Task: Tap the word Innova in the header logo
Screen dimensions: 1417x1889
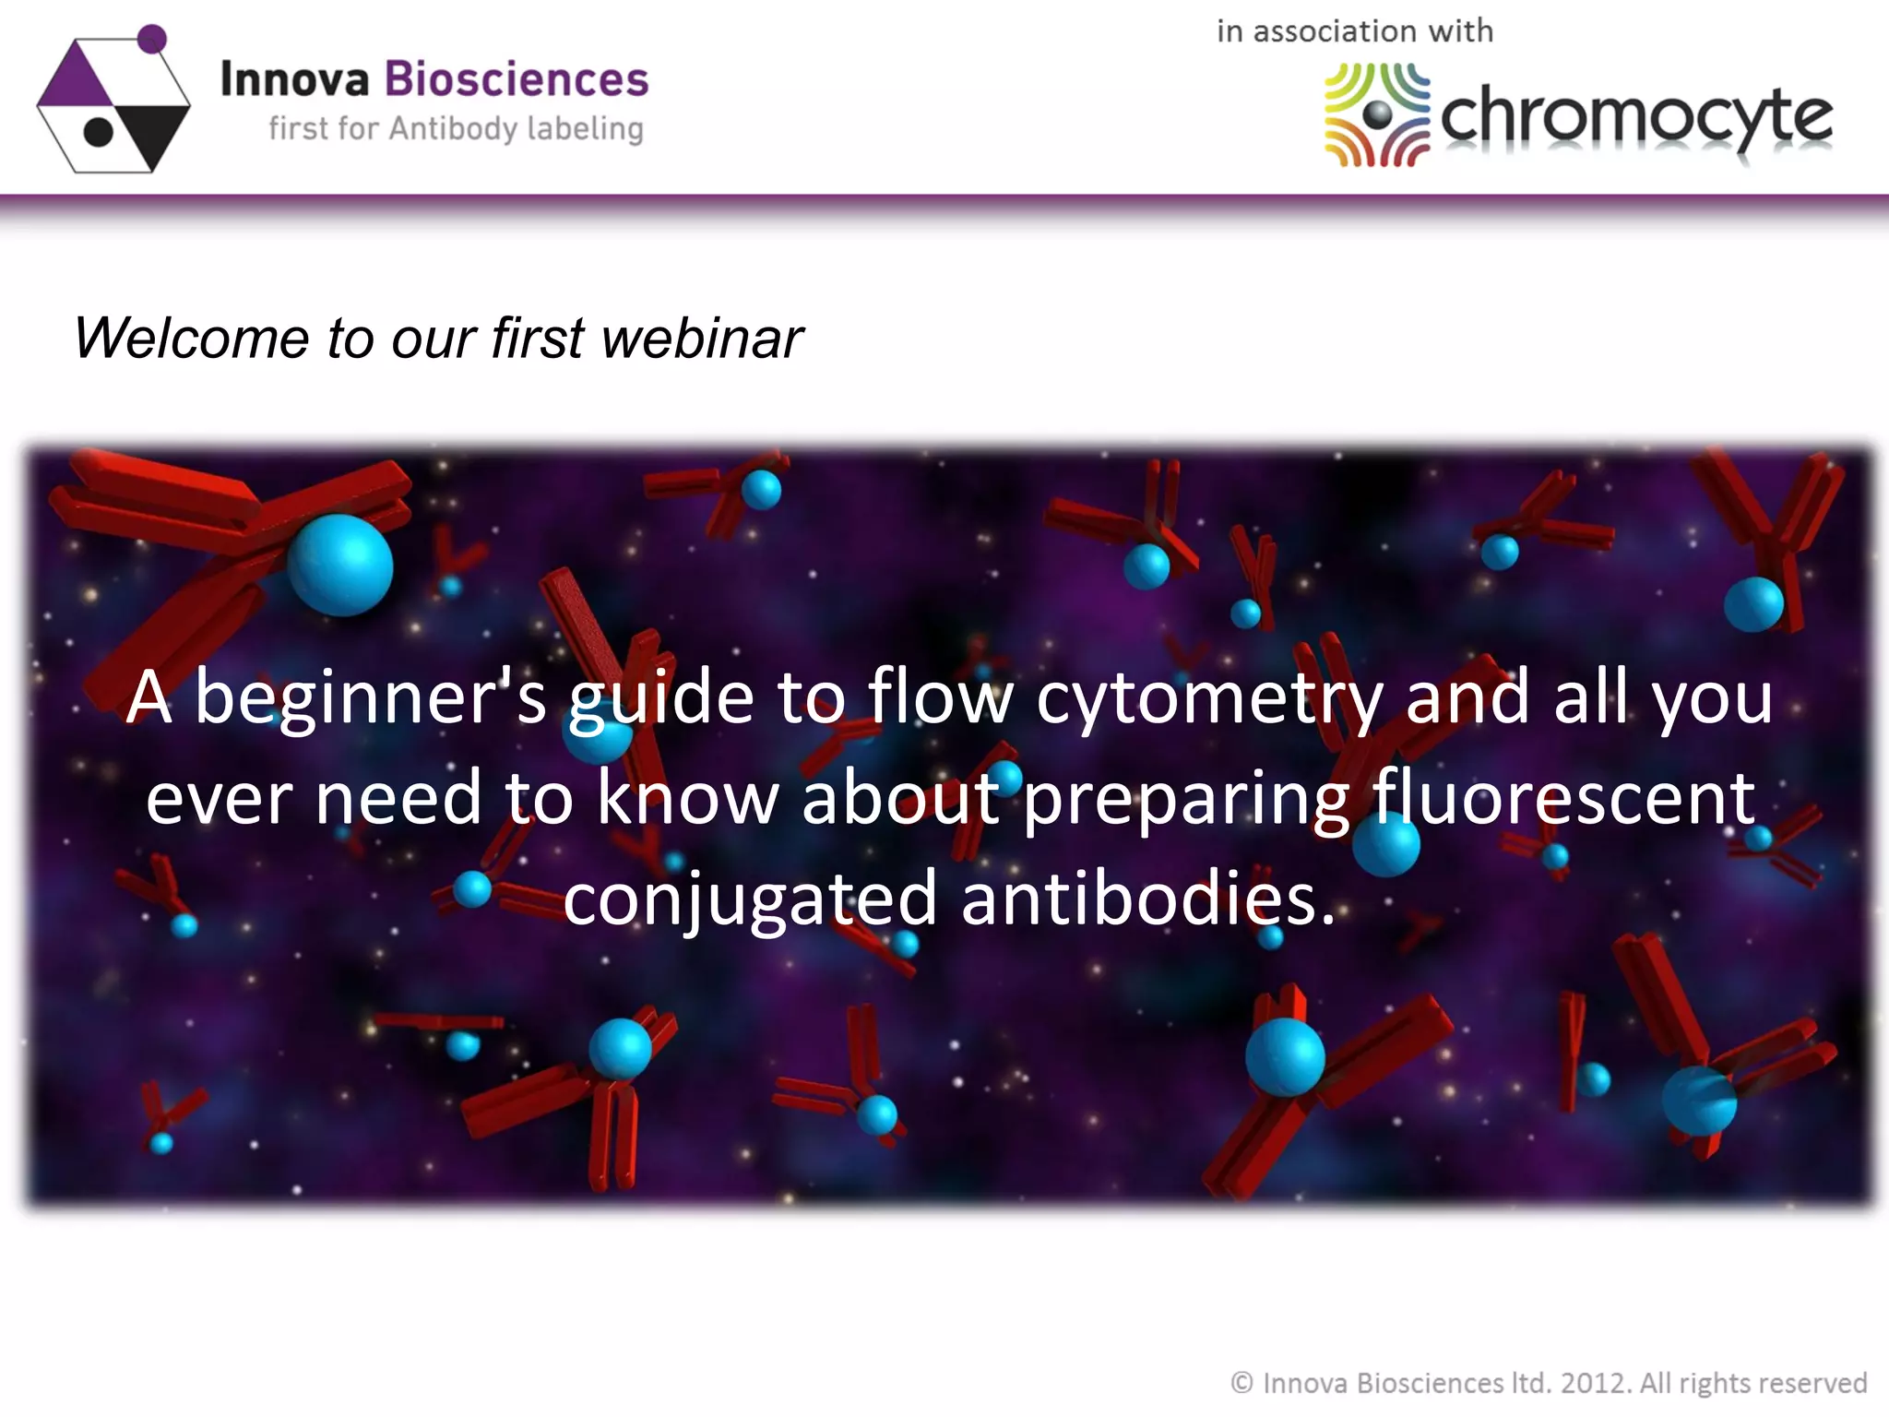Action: (x=294, y=79)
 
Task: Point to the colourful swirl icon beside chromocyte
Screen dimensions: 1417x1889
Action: (x=1376, y=114)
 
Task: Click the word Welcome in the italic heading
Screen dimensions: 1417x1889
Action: (x=190, y=338)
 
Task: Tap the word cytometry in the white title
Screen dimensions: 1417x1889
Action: (x=1209, y=698)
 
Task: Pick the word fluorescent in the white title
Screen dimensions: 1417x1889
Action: (x=1563, y=798)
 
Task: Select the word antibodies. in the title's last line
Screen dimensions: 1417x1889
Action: (x=1147, y=899)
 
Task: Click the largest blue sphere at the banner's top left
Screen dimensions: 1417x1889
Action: (x=340, y=565)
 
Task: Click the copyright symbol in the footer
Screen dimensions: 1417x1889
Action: (x=1242, y=1383)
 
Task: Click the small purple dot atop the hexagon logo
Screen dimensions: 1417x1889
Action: (x=152, y=39)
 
